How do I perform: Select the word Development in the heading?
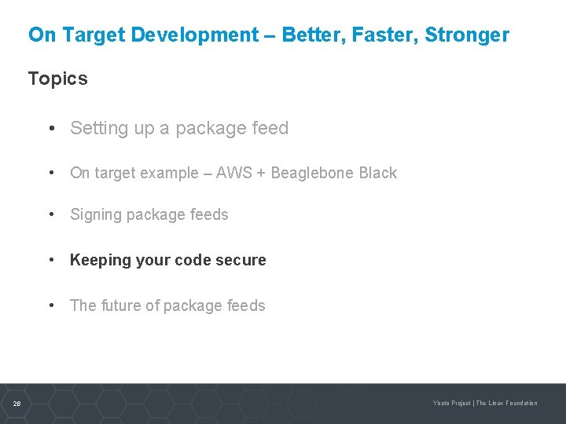click(194, 35)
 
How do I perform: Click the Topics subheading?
click(58, 79)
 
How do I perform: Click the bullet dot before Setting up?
click(50, 129)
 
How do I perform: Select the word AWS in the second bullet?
click(235, 174)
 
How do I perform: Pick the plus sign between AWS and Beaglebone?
click(262, 174)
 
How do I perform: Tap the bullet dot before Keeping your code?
click(50, 261)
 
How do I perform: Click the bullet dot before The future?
click(50, 306)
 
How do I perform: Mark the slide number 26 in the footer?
click(17, 404)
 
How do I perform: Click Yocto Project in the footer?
click(452, 404)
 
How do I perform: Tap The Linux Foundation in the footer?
click(507, 404)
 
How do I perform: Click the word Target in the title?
click(94, 35)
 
